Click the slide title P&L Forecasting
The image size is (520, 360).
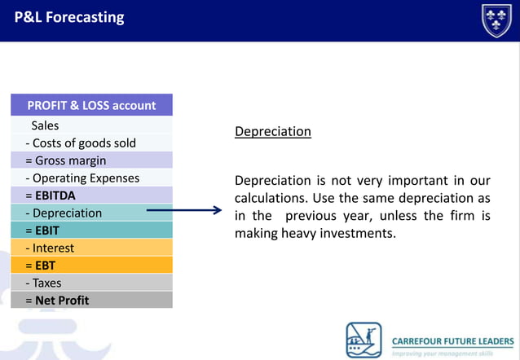pyautogui.click(x=69, y=17)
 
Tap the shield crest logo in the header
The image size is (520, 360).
pyautogui.click(x=496, y=20)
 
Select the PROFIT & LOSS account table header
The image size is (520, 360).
pyautogui.click(x=91, y=105)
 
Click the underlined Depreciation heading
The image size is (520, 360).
pyautogui.click(x=272, y=131)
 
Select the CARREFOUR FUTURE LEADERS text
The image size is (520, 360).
pyautogui.click(x=453, y=340)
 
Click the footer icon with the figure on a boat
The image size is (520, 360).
pyautogui.click(x=364, y=340)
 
